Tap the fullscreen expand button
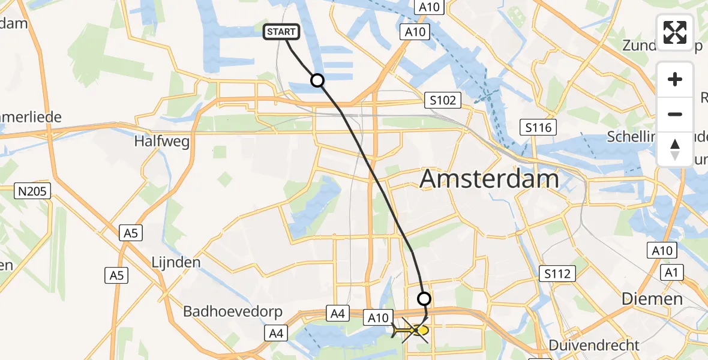[675, 32]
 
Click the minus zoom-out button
[675, 114]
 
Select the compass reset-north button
[675, 149]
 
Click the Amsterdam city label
[489, 179]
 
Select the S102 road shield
[442, 100]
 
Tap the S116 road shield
[538, 127]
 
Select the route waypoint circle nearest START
[317, 80]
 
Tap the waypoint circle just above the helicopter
[424, 298]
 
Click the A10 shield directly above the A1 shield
[662, 251]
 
